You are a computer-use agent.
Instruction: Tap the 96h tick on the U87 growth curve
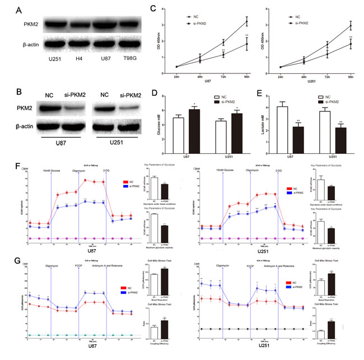[x=262, y=78]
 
